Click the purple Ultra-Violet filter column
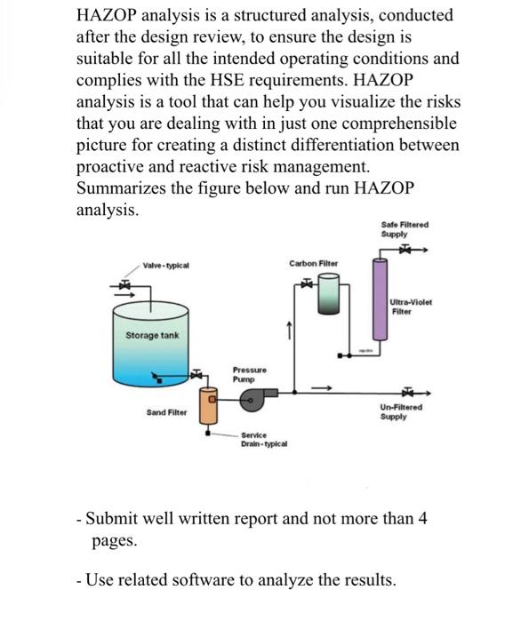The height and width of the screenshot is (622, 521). click(381, 307)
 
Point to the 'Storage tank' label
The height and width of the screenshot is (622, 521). click(152, 336)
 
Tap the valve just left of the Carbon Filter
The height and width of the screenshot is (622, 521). click(304, 283)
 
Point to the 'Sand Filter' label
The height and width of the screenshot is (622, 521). click(166, 412)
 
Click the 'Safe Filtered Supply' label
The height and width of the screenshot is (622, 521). click(404, 229)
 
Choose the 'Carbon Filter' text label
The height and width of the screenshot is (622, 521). click(312, 264)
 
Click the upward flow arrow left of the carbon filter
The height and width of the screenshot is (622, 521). click(286, 330)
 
